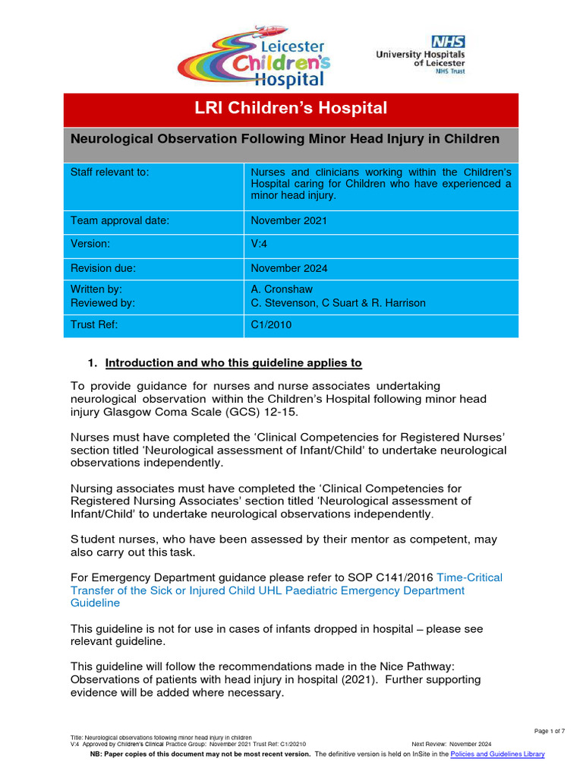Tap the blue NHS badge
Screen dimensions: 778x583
tap(448, 43)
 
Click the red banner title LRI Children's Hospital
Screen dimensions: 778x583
tap(291, 109)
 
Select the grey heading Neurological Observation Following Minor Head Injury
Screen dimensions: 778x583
tap(285, 139)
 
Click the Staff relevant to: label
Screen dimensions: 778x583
tap(110, 172)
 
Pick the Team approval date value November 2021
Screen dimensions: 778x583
tap(289, 221)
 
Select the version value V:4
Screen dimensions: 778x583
tap(261, 245)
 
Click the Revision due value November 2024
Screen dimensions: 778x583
tap(289, 268)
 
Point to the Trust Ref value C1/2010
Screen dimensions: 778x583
tap(271, 325)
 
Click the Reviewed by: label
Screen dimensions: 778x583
tap(102, 302)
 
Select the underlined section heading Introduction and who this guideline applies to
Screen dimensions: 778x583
tap(233, 362)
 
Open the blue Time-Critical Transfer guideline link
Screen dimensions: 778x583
tap(286, 590)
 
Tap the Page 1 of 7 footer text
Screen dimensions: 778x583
tap(550, 731)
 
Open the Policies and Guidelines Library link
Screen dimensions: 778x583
tap(497, 754)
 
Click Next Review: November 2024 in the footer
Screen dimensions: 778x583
tap(452, 744)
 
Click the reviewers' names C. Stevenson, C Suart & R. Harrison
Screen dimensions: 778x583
tap(338, 302)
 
